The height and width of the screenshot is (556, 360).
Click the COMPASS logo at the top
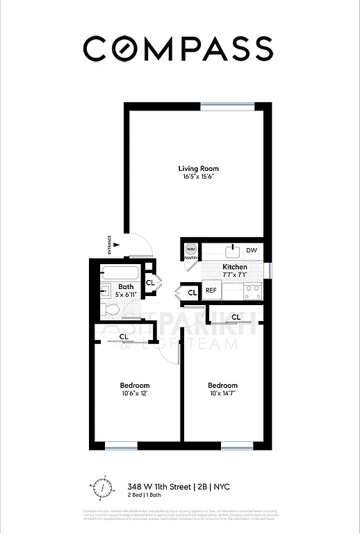[179, 49]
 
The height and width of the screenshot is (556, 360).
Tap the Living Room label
[199, 169]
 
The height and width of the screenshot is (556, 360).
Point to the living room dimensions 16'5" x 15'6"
[199, 177]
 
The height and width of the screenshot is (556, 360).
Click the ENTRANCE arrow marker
[117, 243]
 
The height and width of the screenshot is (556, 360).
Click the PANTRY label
[191, 258]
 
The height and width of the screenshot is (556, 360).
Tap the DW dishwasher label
[252, 250]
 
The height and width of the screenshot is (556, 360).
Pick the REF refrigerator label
[211, 290]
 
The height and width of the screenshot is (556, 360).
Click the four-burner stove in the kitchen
[252, 291]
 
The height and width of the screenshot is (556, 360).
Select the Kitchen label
[234, 267]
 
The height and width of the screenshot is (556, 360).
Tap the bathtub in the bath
[122, 272]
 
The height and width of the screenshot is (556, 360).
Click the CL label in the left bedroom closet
[123, 337]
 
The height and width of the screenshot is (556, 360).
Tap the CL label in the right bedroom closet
[236, 317]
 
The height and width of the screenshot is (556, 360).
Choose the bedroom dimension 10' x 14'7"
[222, 394]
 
